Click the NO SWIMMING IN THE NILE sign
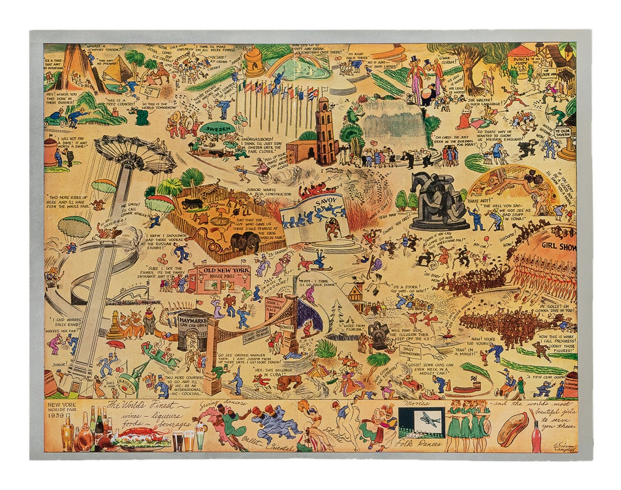[150, 91]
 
